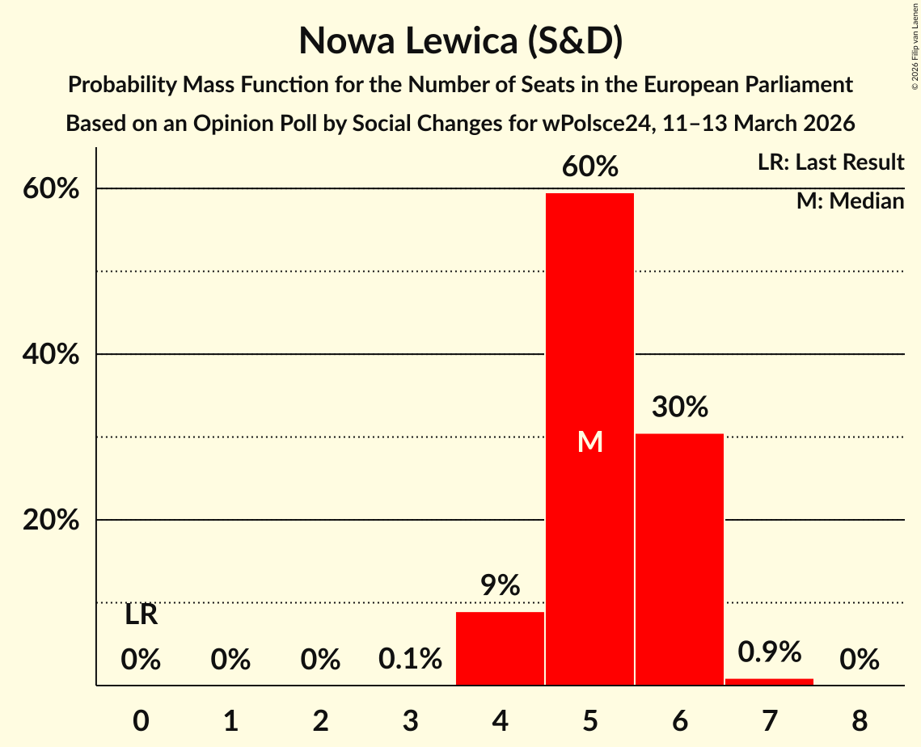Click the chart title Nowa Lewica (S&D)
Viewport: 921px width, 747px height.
pos(460,40)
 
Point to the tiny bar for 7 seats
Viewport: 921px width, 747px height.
pos(769,682)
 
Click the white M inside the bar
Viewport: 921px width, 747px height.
pos(590,441)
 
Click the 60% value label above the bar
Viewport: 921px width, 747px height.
pos(590,167)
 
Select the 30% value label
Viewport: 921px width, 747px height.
pos(679,407)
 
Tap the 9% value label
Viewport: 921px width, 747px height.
pos(500,585)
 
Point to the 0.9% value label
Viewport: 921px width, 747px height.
pos(769,651)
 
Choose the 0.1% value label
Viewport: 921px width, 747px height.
pos(410,660)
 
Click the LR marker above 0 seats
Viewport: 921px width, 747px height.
pos(141,615)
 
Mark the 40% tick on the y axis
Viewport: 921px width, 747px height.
pos(50,354)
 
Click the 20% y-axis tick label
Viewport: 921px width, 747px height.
pos(50,520)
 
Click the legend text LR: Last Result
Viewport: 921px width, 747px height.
pos(830,162)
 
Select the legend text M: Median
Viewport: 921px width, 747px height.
pos(850,200)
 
